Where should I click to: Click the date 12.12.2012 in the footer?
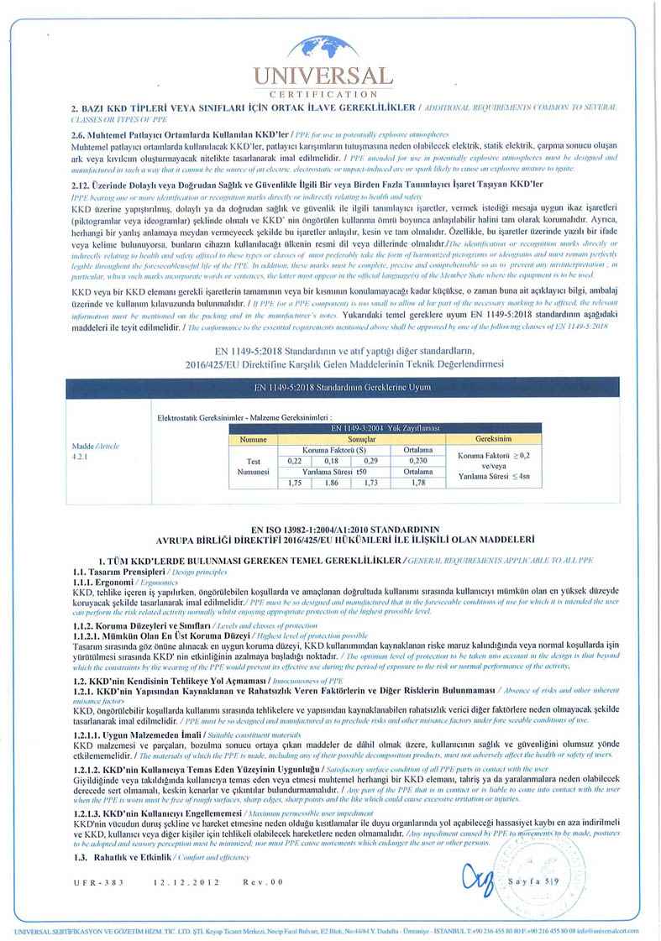click(x=186, y=882)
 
